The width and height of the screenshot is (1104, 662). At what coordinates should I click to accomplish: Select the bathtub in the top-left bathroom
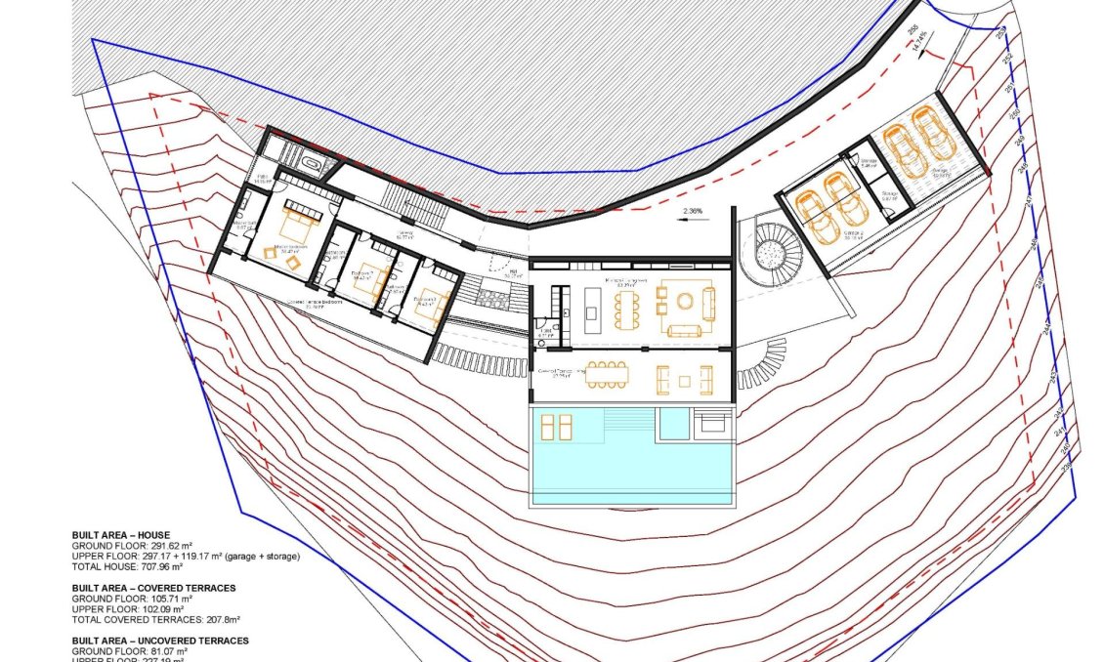coord(314,163)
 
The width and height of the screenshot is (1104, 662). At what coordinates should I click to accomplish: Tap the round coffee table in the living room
coord(684,300)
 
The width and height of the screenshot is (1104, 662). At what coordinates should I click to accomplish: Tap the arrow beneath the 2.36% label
coord(692,222)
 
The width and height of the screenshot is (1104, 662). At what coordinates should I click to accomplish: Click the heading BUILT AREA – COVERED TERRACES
coord(153,588)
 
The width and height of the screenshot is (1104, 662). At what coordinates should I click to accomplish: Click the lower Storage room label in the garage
coord(889,194)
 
